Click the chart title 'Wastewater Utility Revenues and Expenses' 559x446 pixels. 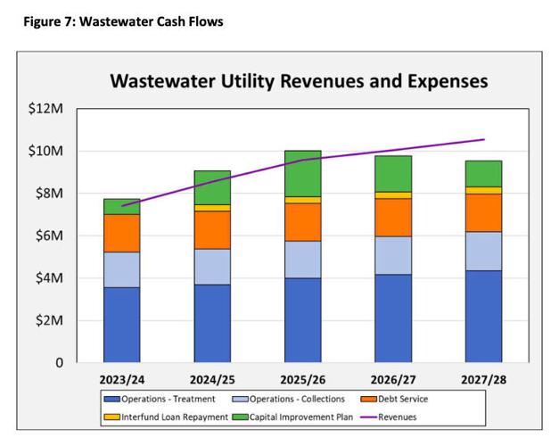click(x=298, y=81)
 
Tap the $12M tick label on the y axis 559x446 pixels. click(x=46, y=109)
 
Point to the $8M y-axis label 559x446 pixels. click(x=49, y=194)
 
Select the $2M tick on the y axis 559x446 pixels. click(x=49, y=321)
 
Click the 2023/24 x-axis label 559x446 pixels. click(x=122, y=378)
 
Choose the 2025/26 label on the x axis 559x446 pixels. click(x=302, y=378)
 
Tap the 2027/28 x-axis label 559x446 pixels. click(x=483, y=378)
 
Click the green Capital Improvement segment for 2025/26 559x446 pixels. click(x=302, y=173)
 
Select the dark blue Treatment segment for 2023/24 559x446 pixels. click(x=122, y=325)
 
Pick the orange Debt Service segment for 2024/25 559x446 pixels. click(x=212, y=230)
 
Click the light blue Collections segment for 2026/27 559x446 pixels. click(x=393, y=255)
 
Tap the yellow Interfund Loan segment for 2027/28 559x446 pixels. click(x=483, y=190)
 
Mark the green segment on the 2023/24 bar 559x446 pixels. click(x=122, y=206)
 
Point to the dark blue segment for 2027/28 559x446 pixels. click(x=483, y=316)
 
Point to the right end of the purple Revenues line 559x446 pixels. click(x=484, y=139)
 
